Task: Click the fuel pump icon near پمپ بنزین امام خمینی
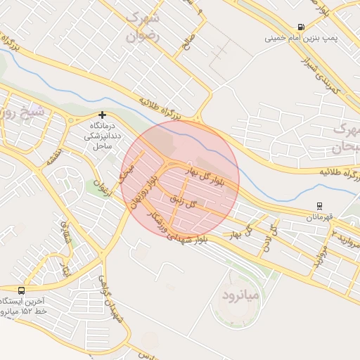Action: (302, 27)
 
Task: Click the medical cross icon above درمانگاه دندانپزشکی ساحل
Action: (103, 114)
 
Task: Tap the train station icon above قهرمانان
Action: (319, 207)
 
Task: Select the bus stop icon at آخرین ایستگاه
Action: (21, 290)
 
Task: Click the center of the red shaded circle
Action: (180, 179)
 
